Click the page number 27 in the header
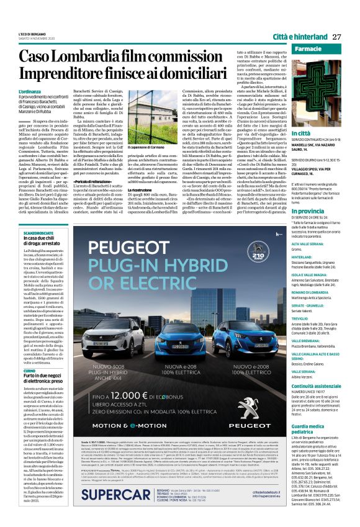pos(337,37)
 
